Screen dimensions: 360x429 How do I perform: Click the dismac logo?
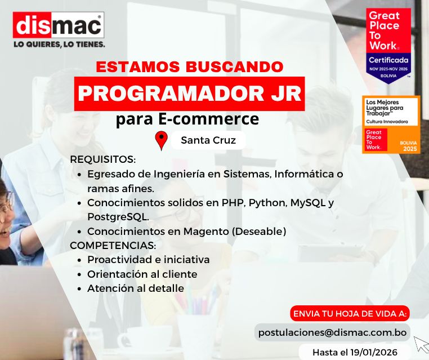tap(59, 25)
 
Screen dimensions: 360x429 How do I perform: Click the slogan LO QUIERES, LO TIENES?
tap(59, 43)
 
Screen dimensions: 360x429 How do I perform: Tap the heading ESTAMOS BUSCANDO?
tap(190, 66)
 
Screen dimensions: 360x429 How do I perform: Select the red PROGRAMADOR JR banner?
tap(190, 94)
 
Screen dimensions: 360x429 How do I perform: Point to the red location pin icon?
tap(162, 140)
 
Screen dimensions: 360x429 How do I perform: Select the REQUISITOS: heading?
tap(103, 159)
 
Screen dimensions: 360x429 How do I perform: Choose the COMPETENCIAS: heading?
tap(113, 246)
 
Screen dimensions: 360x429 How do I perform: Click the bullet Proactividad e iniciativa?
tap(148, 260)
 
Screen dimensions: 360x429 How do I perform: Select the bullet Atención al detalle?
tap(135, 288)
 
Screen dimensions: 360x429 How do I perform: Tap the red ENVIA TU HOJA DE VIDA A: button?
tap(350, 313)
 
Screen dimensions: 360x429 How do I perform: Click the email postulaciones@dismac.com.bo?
tap(332, 332)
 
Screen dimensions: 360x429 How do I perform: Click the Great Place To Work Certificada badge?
tap(389, 45)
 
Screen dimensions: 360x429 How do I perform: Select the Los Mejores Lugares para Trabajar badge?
tap(391, 125)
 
